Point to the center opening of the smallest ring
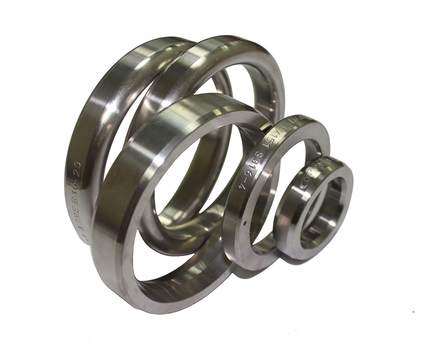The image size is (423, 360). coord(323,211)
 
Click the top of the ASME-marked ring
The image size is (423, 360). coord(140,46)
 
